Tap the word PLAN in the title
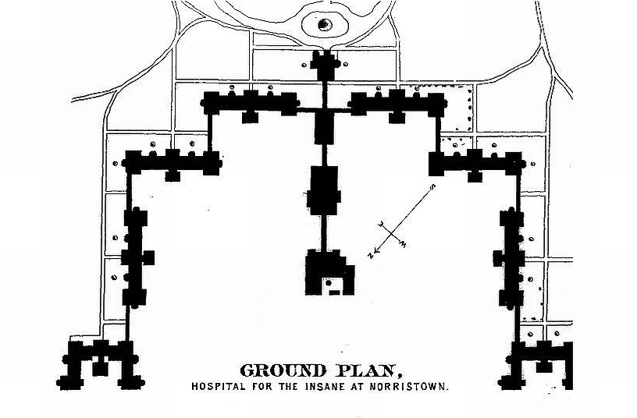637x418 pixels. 364,371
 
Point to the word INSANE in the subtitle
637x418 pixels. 325,386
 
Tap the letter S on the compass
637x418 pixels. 433,187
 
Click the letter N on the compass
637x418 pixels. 371,255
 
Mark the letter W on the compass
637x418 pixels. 403,244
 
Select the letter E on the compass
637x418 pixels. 382,224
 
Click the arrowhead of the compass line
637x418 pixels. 376,250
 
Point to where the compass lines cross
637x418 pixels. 392,234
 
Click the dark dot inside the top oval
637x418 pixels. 325,25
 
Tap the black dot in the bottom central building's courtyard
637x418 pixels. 328,282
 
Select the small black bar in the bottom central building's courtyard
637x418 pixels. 334,292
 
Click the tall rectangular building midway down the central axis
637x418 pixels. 324,190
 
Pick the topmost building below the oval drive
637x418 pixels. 325,65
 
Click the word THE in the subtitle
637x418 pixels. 290,386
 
